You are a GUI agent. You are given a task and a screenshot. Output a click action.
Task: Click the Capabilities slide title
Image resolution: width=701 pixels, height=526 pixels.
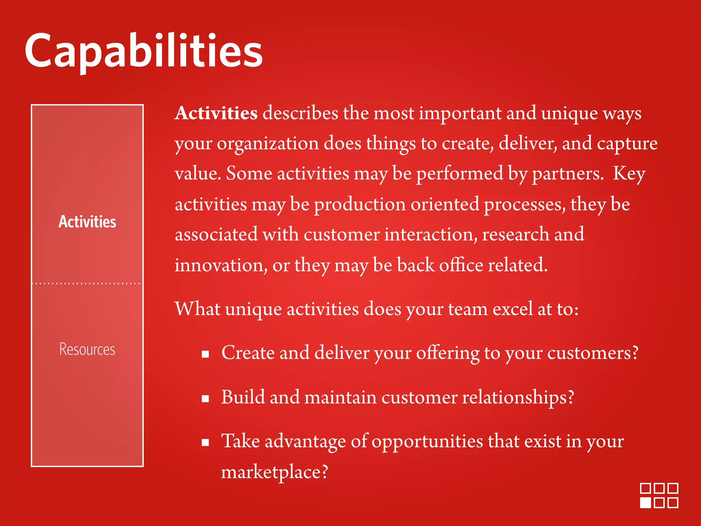click(143, 51)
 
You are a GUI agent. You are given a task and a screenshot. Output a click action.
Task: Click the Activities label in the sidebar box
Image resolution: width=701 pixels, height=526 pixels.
click(87, 222)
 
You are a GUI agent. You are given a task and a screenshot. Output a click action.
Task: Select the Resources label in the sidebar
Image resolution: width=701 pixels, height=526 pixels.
click(87, 349)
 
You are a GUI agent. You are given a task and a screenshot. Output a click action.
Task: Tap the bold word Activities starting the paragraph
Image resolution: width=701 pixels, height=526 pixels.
click(216, 113)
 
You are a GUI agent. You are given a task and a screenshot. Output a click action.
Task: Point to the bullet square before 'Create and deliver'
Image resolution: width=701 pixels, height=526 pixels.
click(205, 354)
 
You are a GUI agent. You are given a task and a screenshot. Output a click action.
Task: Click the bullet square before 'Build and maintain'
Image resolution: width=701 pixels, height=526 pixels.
click(205, 399)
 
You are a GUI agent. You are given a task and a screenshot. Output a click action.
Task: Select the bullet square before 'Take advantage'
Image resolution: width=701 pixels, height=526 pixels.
click(205, 443)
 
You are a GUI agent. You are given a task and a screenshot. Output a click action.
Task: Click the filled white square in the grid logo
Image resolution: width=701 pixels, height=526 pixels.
click(646, 503)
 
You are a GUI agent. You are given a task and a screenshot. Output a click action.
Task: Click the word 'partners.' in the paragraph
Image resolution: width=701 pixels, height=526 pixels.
click(568, 174)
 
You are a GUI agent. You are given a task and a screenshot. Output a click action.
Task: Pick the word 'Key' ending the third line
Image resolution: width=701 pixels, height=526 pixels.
click(629, 174)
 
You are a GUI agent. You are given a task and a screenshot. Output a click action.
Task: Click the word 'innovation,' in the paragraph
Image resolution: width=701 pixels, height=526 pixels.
click(221, 265)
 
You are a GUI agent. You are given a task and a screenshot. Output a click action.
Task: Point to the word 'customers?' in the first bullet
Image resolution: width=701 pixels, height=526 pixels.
click(592, 353)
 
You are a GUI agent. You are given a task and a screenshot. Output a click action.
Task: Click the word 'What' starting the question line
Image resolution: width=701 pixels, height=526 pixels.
click(197, 309)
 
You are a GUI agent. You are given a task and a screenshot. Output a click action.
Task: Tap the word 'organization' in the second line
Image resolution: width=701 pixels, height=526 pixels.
click(268, 144)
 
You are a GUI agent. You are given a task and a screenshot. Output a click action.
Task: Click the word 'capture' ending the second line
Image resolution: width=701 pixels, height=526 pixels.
click(627, 144)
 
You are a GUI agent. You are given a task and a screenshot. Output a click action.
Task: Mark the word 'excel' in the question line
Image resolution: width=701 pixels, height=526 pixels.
click(512, 309)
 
